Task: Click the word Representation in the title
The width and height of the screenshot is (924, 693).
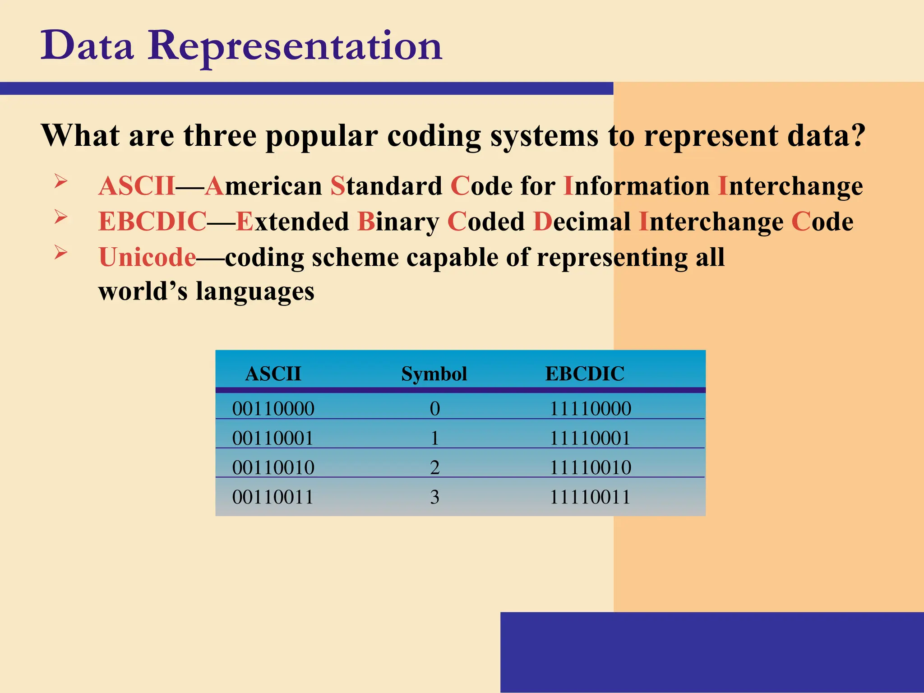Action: [x=296, y=46]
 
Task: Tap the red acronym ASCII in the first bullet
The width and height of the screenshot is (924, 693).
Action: [x=137, y=186]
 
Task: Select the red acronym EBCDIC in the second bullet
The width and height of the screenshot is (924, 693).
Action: [x=152, y=222]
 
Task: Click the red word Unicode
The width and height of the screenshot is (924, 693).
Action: [x=148, y=257]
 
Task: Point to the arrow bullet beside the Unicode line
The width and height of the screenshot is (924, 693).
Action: [x=61, y=252]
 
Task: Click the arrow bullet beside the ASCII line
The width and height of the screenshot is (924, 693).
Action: [x=61, y=181]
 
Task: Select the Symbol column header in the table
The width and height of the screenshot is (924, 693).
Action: [x=434, y=374]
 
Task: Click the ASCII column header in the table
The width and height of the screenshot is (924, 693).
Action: [x=273, y=374]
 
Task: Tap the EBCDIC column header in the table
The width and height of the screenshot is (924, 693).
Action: [x=585, y=374]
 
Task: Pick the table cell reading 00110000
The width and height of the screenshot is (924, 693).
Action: [x=273, y=409]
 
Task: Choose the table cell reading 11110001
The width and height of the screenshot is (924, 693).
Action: [x=590, y=438]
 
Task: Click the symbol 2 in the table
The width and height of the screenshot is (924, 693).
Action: [x=434, y=467]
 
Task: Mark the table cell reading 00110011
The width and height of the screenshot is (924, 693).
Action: [x=273, y=497]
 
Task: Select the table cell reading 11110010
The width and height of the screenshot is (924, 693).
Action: [x=590, y=467]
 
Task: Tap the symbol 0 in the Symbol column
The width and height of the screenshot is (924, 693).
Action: [x=434, y=409]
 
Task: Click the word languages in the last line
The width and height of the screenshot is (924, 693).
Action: [x=255, y=292]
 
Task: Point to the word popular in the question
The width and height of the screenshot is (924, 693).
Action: [x=322, y=135]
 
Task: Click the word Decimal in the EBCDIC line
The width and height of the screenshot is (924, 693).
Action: [x=582, y=222]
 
